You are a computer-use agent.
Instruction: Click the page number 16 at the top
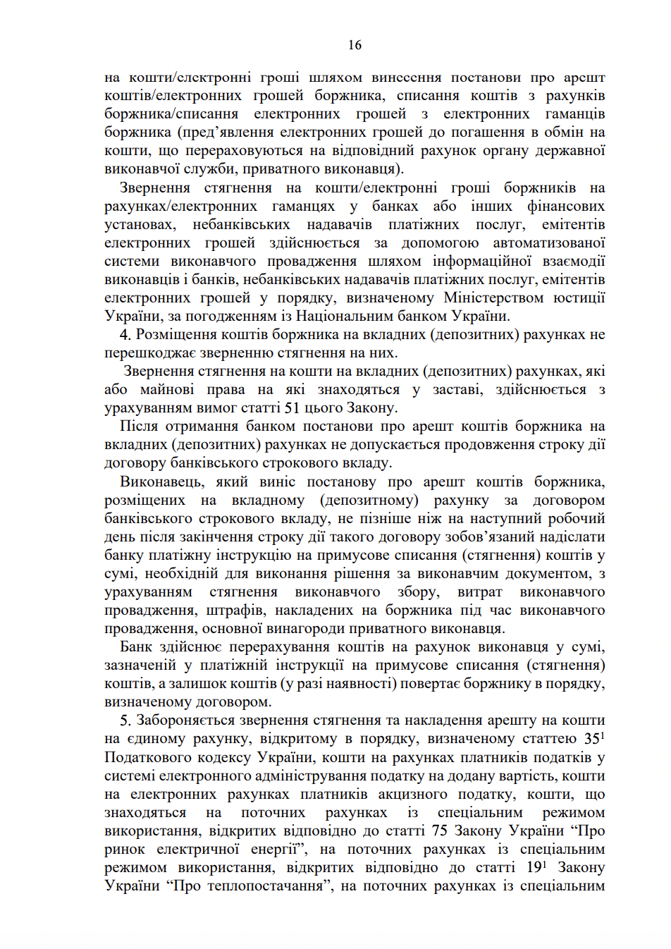click(355, 45)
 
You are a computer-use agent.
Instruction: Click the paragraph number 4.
click(125, 335)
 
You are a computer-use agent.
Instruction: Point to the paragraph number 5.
click(125, 721)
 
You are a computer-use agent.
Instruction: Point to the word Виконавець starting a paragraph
click(162, 482)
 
